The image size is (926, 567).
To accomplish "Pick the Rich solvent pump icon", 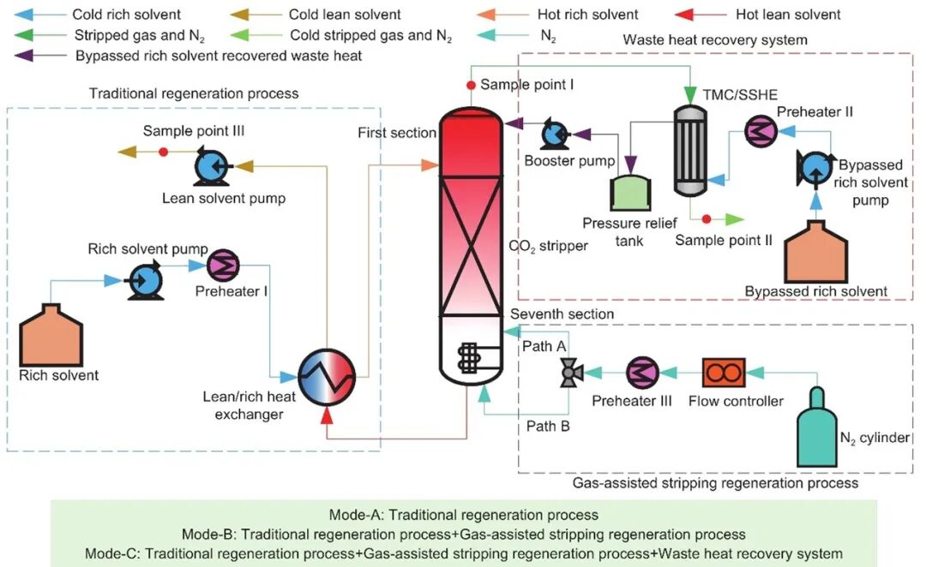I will (141, 280).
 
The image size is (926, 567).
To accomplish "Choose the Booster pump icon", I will (553, 133).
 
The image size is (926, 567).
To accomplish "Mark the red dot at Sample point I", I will (470, 86).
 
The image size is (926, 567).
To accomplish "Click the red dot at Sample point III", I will (163, 152).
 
